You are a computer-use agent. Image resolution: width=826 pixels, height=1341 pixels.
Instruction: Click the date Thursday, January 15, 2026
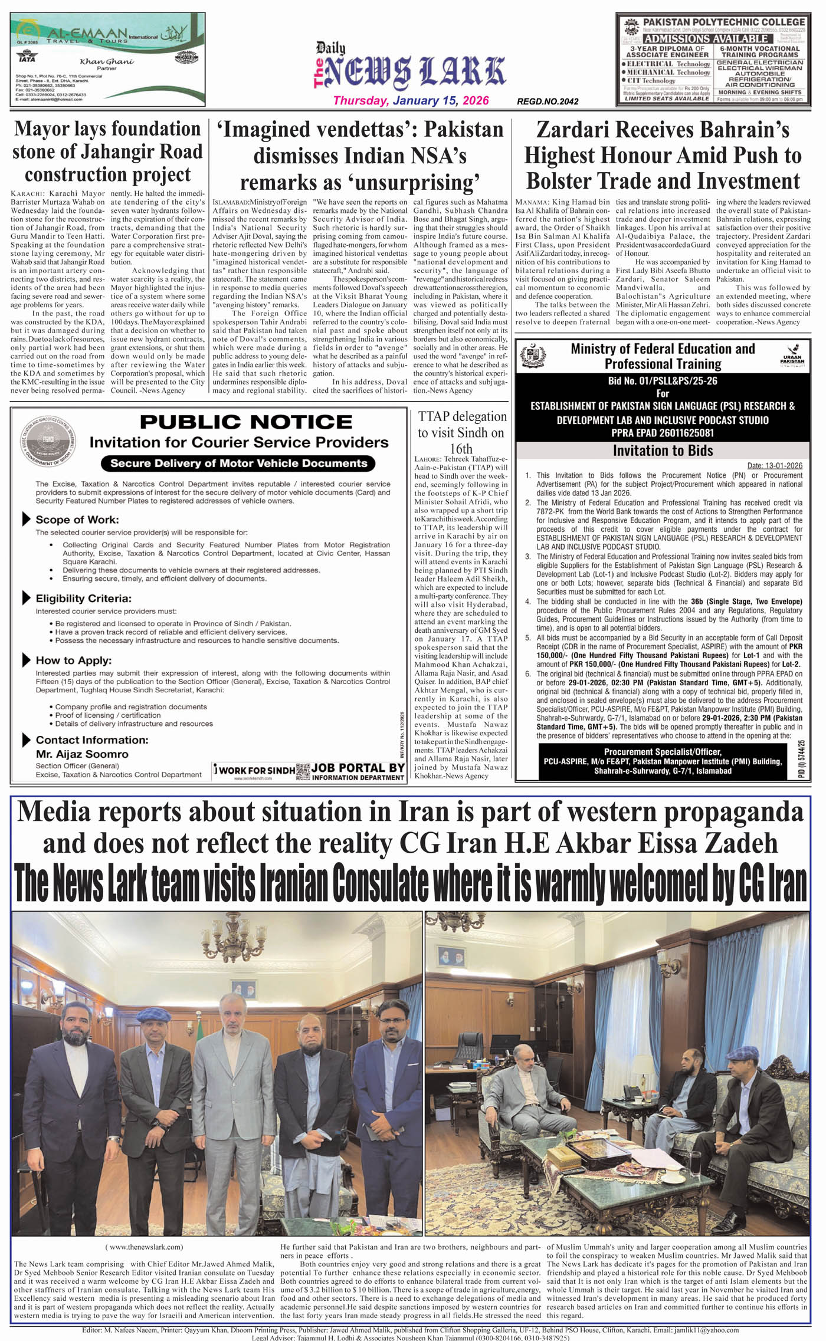411,100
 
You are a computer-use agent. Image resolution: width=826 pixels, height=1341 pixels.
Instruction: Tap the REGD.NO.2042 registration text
548,101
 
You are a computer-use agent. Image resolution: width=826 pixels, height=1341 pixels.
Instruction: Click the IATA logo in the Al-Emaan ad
27,57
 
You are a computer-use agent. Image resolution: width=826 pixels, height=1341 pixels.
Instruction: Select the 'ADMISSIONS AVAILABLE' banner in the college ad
706,39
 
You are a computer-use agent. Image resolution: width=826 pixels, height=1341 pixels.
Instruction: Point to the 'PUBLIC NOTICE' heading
246,422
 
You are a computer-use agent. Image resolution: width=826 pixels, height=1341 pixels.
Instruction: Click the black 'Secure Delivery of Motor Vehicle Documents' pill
238,463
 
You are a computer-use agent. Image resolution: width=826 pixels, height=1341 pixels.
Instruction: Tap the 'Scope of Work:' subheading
77,520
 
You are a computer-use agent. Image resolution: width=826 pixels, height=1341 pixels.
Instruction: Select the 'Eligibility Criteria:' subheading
83,598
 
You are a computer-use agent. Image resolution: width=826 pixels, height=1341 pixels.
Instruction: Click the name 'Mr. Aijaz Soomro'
82,754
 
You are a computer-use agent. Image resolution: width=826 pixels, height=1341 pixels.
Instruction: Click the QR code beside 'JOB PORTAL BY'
303,771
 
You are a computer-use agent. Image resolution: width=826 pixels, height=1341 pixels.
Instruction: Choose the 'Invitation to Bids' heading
663,451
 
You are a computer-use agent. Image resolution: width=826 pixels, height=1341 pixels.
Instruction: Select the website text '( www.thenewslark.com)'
145,1247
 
